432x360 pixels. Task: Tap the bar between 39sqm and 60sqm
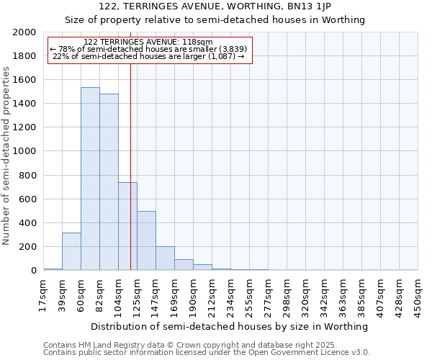click(x=71, y=251)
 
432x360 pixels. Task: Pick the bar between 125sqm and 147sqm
click(x=146, y=240)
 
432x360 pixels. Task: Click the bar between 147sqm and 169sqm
click(x=165, y=258)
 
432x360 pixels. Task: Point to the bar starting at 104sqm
click(x=127, y=226)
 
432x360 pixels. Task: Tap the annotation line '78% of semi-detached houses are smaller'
click(x=148, y=49)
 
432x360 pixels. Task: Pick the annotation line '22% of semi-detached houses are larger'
click(x=149, y=56)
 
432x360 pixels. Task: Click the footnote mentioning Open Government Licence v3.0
click(x=207, y=353)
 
